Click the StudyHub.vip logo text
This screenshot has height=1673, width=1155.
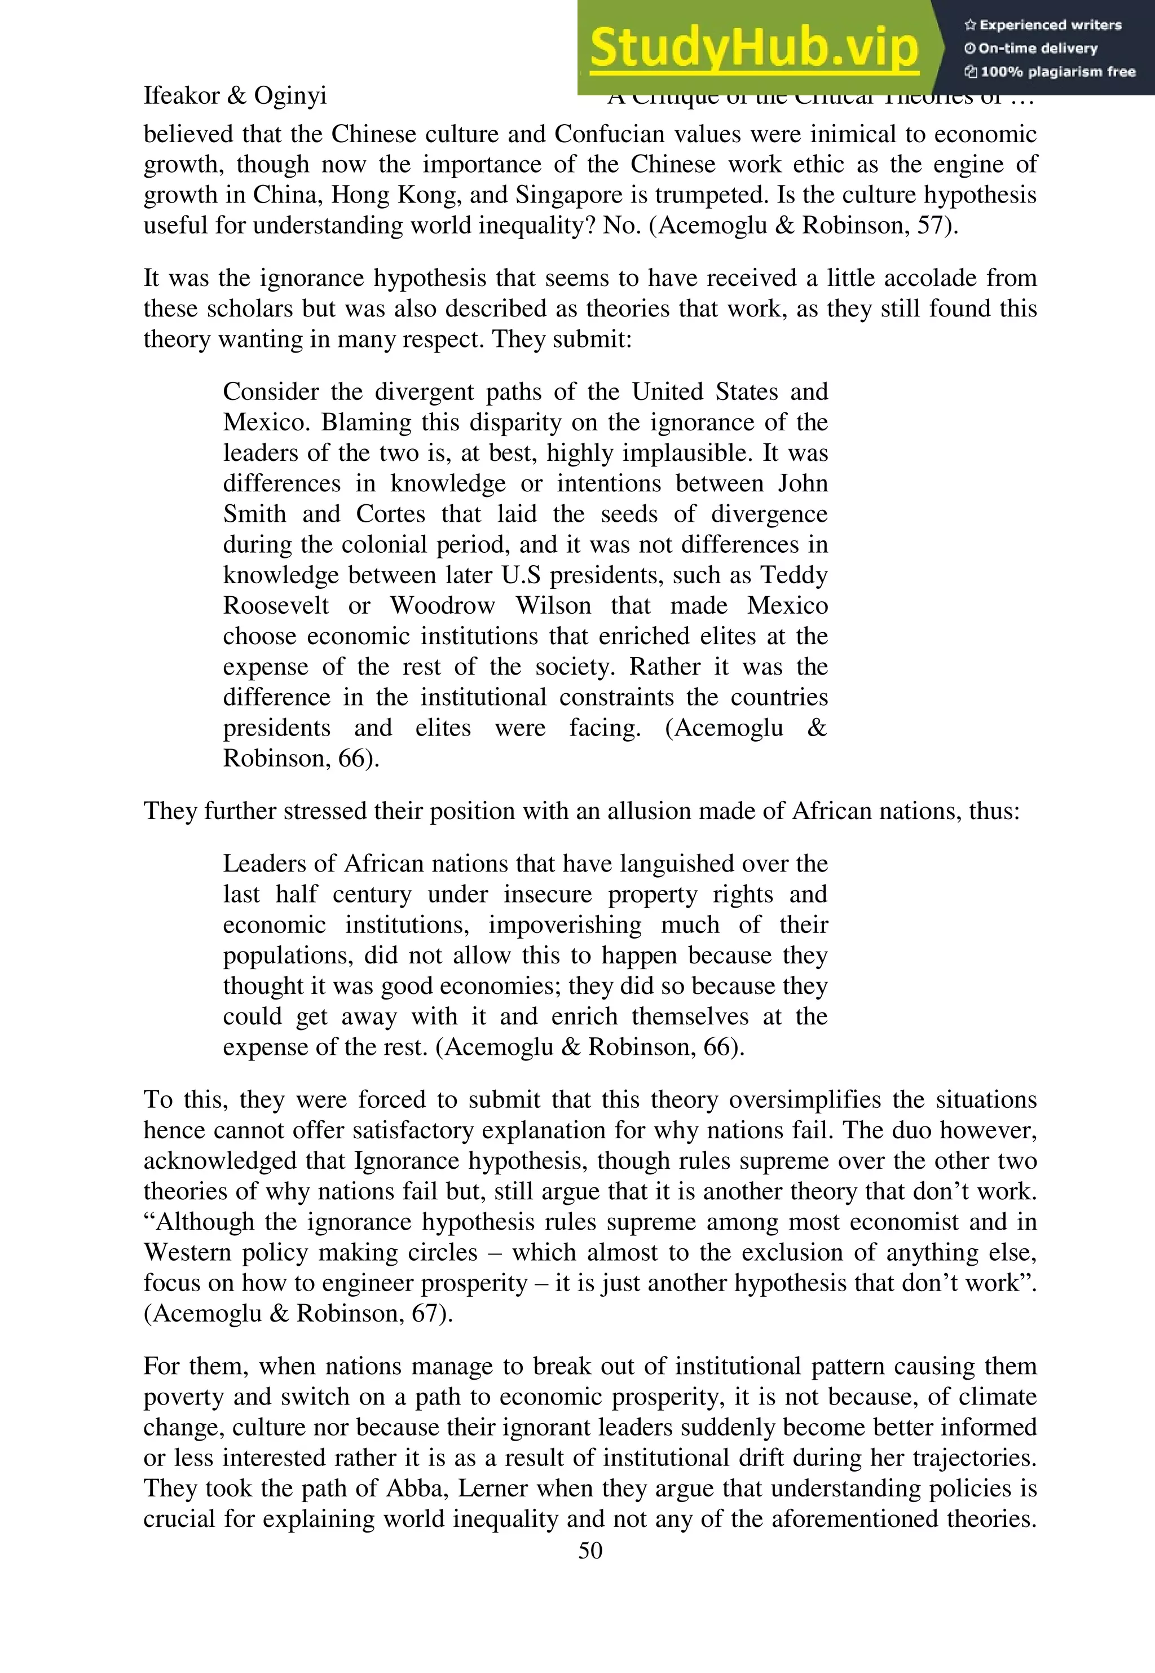[x=753, y=48]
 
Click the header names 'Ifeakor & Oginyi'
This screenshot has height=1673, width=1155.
[x=235, y=95]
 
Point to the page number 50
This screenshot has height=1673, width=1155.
[x=590, y=1550]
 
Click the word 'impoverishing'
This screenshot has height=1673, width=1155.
[x=565, y=925]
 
